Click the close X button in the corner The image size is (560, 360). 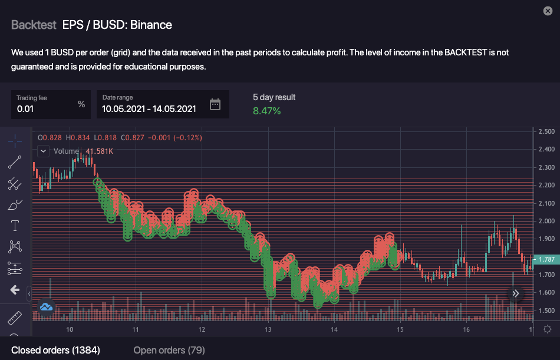tap(548, 11)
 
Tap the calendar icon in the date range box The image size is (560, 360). tap(215, 105)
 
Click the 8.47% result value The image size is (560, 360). tap(266, 111)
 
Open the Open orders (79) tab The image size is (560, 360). tap(169, 350)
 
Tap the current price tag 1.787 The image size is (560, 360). tap(546, 259)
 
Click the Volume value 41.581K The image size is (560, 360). tap(100, 151)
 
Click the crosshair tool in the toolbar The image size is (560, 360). tap(15, 139)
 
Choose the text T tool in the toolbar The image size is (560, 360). tap(15, 226)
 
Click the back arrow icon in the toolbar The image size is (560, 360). tap(15, 290)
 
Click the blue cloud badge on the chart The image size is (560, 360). tap(46, 306)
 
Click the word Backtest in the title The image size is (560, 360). tap(34, 25)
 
